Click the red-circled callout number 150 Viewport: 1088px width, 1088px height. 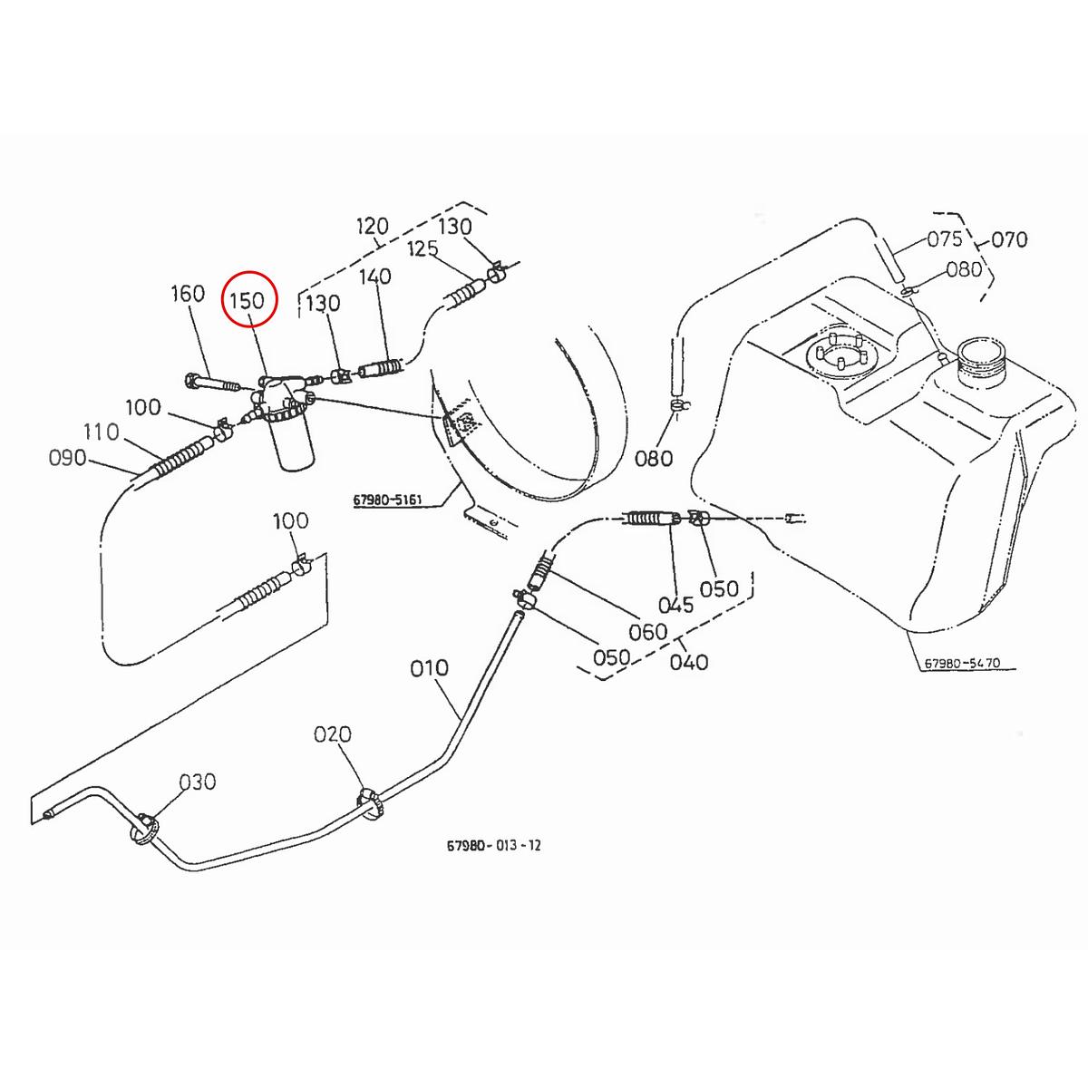pyautogui.click(x=247, y=300)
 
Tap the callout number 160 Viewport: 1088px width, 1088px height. pyautogui.click(x=188, y=294)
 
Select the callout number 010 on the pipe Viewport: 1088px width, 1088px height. pyautogui.click(x=429, y=668)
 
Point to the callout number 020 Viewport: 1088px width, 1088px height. pyautogui.click(x=332, y=734)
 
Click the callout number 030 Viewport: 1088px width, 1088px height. pyautogui.click(x=197, y=782)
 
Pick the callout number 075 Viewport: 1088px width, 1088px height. pyautogui.click(x=944, y=239)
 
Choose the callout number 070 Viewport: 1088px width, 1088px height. pyautogui.click(x=1009, y=240)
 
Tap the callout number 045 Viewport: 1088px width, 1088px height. pyautogui.click(x=675, y=605)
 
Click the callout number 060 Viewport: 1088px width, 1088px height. pyautogui.click(x=647, y=631)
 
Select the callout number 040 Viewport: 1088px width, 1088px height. pyautogui.click(x=688, y=662)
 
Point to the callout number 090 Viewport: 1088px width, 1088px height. pyautogui.click(x=67, y=458)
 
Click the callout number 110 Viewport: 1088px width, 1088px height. pyautogui.click(x=101, y=432)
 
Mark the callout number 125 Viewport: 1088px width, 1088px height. pyautogui.click(x=423, y=248)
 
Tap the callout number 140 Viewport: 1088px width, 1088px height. pyautogui.click(x=375, y=276)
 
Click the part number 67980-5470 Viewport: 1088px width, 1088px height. pyautogui.click(x=962, y=663)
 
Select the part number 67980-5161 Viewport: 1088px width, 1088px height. pyautogui.click(x=389, y=500)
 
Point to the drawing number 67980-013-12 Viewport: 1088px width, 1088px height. pyautogui.click(x=494, y=845)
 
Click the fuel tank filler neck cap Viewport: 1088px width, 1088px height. pyautogui.click(x=981, y=356)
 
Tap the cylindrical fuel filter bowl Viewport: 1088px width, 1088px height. pyautogui.click(x=291, y=444)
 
